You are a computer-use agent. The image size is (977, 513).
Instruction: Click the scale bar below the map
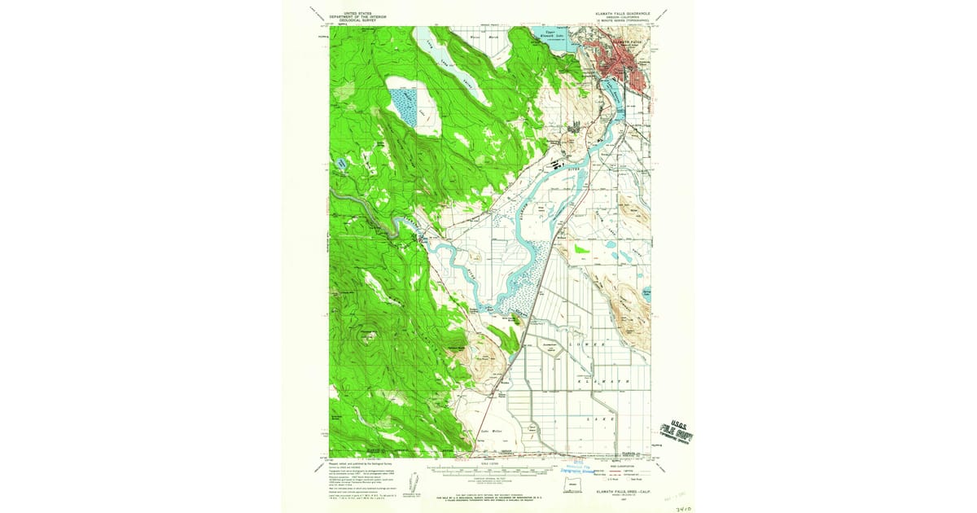[x=488, y=469]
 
